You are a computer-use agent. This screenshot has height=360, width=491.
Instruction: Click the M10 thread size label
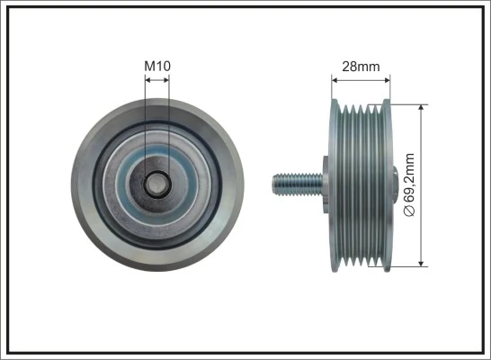(x=156, y=65)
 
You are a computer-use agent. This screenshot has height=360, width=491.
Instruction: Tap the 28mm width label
(x=361, y=65)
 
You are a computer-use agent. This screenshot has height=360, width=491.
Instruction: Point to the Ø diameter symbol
(x=411, y=212)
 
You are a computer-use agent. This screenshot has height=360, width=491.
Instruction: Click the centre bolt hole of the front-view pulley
(x=156, y=184)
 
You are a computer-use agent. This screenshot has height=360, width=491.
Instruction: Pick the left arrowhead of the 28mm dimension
(x=336, y=79)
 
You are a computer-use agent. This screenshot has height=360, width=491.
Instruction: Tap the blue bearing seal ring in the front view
(x=156, y=158)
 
